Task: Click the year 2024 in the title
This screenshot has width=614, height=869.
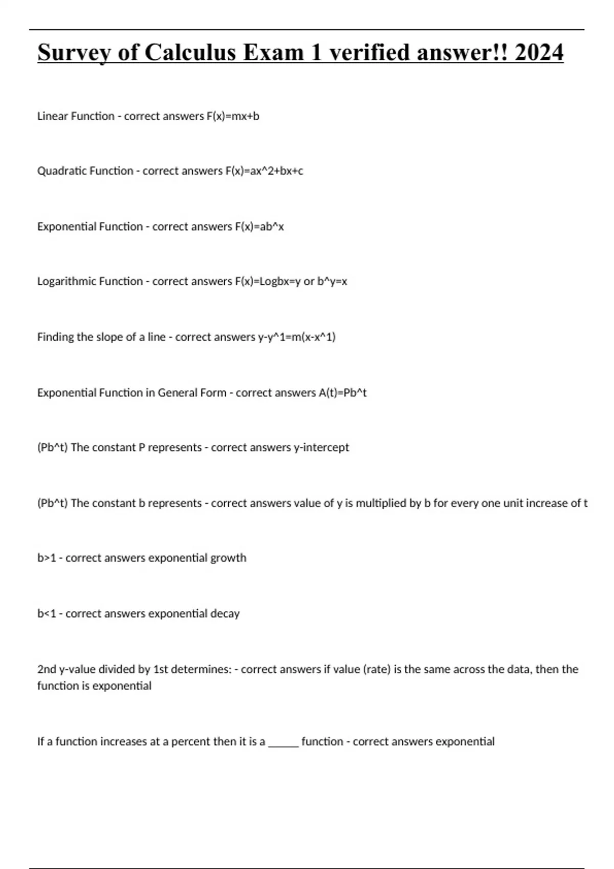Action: click(539, 53)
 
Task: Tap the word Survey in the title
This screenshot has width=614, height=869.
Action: click(72, 53)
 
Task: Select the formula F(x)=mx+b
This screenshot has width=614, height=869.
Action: click(233, 117)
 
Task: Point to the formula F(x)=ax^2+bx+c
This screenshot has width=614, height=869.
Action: click(264, 171)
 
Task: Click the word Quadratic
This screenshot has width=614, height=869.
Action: click(59, 171)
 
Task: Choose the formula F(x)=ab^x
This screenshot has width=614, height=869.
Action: click(259, 227)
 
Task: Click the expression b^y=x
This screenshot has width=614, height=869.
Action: click(332, 282)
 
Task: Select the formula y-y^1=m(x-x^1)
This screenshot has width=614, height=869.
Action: click(297, 337)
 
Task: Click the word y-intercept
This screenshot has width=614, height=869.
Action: click(321, 448)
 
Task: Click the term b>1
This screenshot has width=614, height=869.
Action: click(47, 558)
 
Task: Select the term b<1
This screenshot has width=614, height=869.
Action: click(47, 614)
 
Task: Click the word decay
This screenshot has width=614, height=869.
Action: click(225, 614)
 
